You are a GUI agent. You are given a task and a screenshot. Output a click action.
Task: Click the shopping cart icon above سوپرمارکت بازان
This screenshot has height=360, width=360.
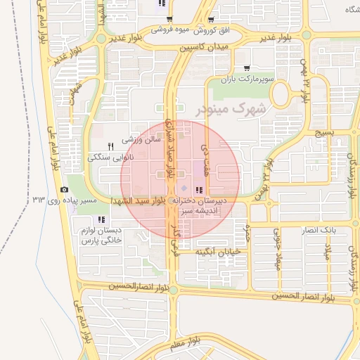click(245, 68)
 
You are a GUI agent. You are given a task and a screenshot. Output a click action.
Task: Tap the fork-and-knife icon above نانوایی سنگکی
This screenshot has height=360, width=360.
click(110, 146)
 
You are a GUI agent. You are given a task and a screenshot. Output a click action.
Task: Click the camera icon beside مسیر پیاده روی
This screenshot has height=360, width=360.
click(65, 190)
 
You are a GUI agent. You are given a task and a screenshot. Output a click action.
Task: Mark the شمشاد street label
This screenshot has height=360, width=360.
click(76, 92)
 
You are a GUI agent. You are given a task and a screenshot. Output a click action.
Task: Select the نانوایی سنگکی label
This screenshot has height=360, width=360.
click(111, 158)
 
